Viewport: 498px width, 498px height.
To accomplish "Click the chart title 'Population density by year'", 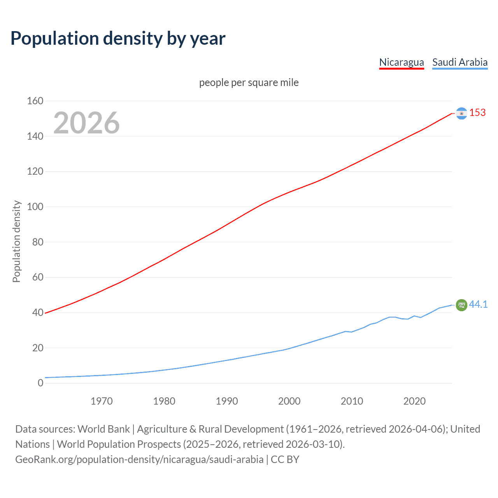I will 118,39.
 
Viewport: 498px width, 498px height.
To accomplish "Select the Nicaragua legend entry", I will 402,62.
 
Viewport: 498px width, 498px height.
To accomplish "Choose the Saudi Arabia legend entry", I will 460,62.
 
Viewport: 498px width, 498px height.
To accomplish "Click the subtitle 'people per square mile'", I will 249,83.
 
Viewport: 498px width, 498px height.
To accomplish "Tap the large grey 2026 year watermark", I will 86,123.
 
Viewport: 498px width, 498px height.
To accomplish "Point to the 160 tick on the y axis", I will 35,101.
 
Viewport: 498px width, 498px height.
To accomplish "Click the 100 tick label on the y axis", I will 35,207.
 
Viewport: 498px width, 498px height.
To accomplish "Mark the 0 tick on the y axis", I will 40,383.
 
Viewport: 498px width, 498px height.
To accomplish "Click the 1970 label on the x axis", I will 102,401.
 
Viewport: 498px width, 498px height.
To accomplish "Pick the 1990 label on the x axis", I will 227,401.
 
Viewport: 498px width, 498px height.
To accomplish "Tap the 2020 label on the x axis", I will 414,401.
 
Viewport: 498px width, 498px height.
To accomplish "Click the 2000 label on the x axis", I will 289,401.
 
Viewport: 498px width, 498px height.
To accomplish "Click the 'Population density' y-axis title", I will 16,241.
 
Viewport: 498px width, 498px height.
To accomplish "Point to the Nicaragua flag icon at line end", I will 461,113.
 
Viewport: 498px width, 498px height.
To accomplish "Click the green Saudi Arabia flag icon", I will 461,305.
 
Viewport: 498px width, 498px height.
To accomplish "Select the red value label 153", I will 477,113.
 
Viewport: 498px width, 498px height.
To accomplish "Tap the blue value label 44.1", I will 478,305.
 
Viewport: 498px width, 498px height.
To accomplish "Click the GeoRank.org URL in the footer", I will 139,459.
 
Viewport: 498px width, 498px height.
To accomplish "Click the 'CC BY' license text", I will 285,459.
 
